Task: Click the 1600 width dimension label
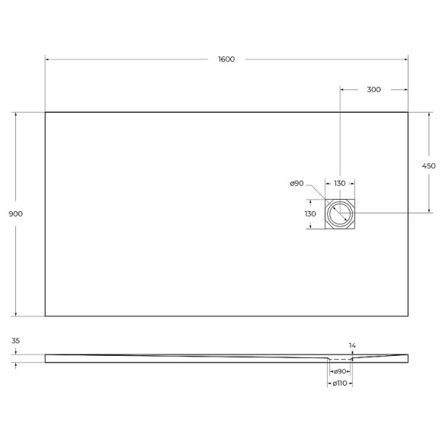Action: click(x=226, y=59)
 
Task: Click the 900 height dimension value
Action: click(x=15, y=214)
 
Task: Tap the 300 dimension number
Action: click(x=373, y=89)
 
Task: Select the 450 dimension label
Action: click(x=428, y=166)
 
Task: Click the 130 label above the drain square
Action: click(x=340, y=184)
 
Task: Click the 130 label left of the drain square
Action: click(x=309, y=214)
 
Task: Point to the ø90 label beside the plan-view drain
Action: click(x=297, y=184)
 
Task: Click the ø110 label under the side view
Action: click(x=340, y=383)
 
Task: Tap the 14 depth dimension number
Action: click(x=352, y=346)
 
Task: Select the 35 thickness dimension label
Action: click(x=15, y=341)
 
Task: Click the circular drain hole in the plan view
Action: click(x=340, y=214)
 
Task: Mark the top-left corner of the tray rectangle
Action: click(x=45, y=113)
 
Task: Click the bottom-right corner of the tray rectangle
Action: click(x=408, y=315)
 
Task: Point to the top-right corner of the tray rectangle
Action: click(x=408, y=113)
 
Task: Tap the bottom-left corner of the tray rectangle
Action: click(x=45, y=315)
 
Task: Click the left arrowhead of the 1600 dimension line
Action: click(x=47, y=59)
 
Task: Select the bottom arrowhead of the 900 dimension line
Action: click(x=15, y=313)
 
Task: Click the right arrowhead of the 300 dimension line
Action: click(x=405, y=89)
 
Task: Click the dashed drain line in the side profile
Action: click(x=340, y=359)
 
